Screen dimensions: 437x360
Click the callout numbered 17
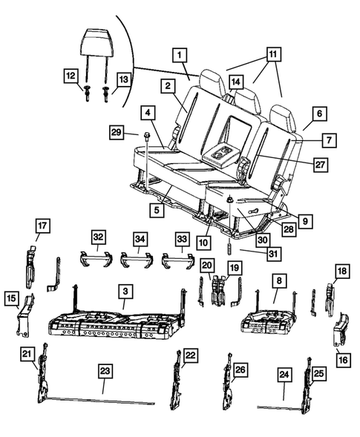42,225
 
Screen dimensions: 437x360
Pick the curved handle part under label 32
96,259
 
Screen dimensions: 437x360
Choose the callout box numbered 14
235,81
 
